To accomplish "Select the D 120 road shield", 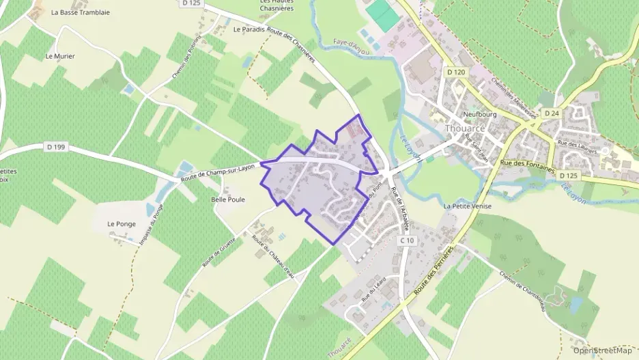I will pos(456,72).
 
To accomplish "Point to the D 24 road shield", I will pos(551,113).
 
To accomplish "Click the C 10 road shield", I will pos(407,240).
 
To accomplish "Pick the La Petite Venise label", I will pos(468,206).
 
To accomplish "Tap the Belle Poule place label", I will pos(227,199).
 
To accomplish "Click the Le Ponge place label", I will pos(121,223).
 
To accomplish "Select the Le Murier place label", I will pos(60,56).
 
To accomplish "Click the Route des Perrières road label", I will pos(434,272).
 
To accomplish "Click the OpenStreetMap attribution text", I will pos(602,350).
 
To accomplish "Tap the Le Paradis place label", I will pos(248,29).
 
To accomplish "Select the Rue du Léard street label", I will pos(374,292).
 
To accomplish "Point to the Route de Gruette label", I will pos(218,251).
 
